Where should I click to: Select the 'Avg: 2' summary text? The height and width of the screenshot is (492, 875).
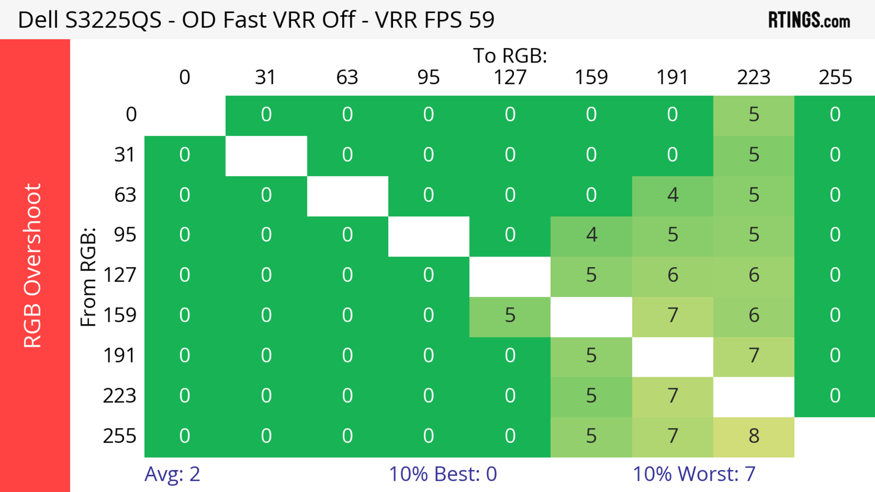tap(172, 474)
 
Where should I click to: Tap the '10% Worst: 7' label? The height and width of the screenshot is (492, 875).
tap(694, 474)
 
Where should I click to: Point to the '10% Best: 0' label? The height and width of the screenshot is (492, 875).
tap(443, 474)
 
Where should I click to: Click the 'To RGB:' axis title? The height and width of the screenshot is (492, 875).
tap(510, 55)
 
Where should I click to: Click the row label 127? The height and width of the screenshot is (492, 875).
tap(120, 275)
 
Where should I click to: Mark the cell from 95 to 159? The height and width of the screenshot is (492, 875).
tap(591, 235)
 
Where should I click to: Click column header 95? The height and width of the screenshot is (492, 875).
tap(428, 77)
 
